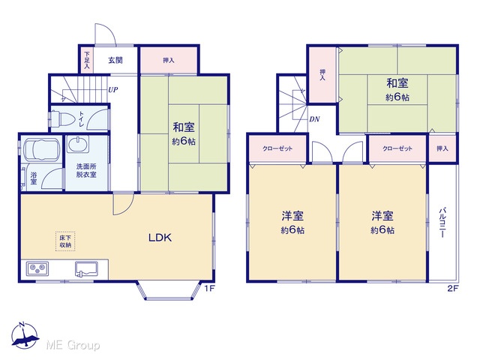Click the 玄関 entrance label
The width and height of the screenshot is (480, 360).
pos(115,60)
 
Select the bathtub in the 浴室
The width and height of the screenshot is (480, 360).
pos(42,150)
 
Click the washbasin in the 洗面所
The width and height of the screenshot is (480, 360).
pos(78,144)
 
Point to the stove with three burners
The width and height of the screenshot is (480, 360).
pos(37,269)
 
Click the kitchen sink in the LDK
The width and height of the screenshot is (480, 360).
pos(87,269)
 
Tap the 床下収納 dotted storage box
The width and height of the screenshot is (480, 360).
pos(65,241)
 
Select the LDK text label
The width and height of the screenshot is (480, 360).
pos(160,238)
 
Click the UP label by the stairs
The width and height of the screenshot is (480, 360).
pos(113,90)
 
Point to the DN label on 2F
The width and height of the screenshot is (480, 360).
pos(315,119)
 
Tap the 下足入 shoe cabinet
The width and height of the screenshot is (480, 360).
pos(87,60)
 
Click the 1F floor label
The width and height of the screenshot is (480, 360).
pos(208,288)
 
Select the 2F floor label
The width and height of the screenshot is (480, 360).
pos(453,288)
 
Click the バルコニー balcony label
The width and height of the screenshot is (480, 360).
pos(442,223)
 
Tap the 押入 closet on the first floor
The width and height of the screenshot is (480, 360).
pos(169,60)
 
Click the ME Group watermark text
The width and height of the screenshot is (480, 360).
pos(73,345)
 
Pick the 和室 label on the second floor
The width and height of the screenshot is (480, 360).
pos(397,83)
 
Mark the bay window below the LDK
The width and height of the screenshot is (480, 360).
pos(166,290)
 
